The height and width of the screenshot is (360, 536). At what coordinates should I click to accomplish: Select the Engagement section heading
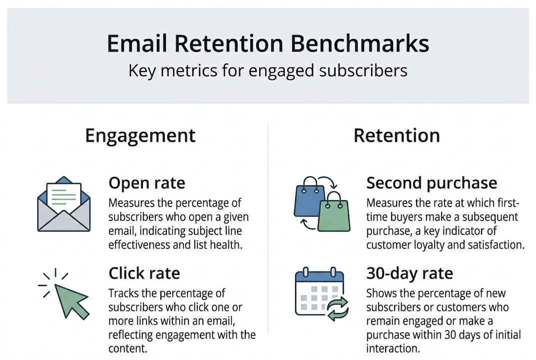click(x=140, y=135)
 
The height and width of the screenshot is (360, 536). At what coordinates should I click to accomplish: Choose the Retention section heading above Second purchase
click(x=397, y=135)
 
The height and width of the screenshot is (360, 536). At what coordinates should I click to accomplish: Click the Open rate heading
click(x=147, y=183)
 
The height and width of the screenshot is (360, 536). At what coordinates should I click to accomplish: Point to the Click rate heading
click(x=144, y=273)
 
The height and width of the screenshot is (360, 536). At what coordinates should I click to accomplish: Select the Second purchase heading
click(x=432, y=183)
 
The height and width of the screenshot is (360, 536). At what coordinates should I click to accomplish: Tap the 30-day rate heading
click(x=410, y=273)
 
